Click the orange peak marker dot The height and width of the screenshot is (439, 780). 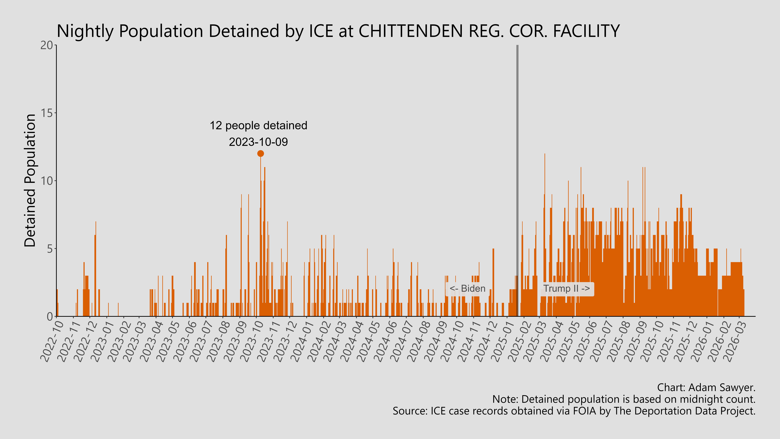tap(260, 154)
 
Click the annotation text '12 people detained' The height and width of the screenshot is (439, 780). tap(258, 125)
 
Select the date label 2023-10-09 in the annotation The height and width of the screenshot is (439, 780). tap(258, 142)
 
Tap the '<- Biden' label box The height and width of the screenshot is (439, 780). tap(467, 289)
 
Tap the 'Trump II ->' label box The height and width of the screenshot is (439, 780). tap(566, 289)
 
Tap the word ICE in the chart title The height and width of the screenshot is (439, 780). tap(321, 31)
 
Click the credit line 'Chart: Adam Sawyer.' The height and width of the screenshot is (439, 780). tap(706, 387)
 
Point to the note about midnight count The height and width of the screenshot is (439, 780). tap(624, 399)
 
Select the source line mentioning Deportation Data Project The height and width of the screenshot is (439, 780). tap(574, 411)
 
